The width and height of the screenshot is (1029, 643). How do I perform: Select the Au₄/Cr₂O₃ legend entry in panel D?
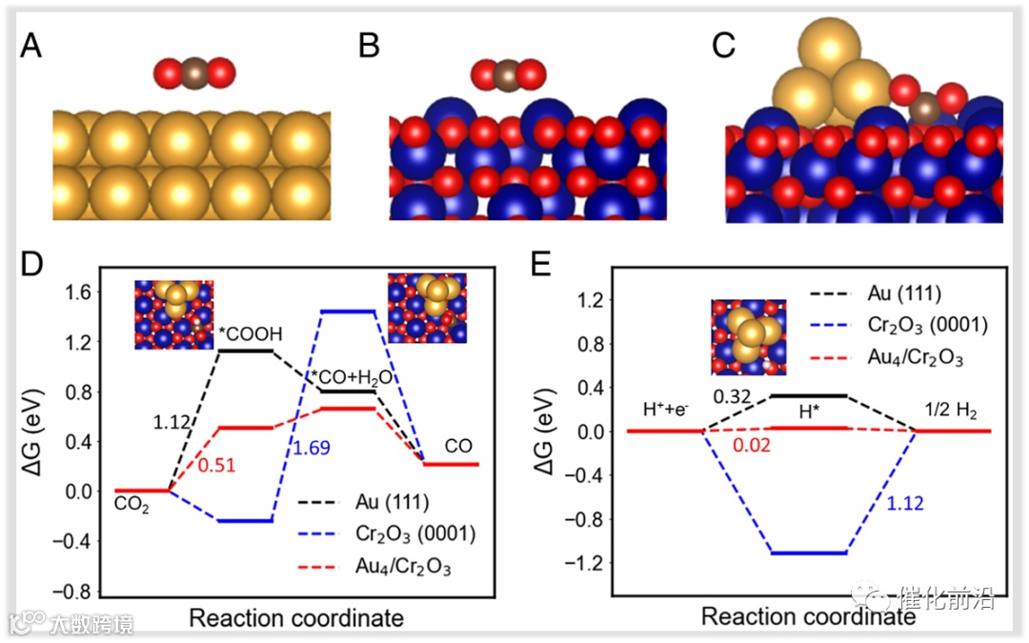[385, 568]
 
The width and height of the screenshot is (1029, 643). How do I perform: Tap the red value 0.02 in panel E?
[749, 445]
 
